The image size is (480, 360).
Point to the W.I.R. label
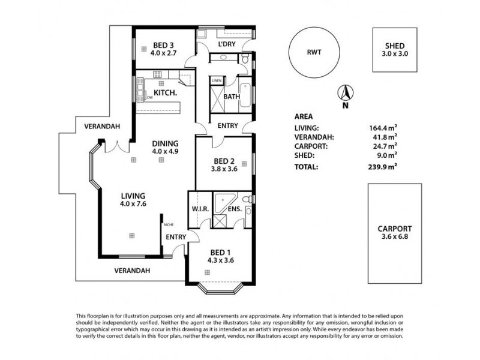click(200, 209)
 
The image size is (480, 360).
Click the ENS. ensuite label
click(233, 209)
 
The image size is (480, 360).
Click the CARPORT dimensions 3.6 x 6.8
click(394, 237)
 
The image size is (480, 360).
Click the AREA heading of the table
click(304, 117)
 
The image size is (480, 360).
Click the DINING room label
click(165, 143)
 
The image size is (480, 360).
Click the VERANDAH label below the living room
click(132, 271)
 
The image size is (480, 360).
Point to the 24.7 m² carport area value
click(386, 145)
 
